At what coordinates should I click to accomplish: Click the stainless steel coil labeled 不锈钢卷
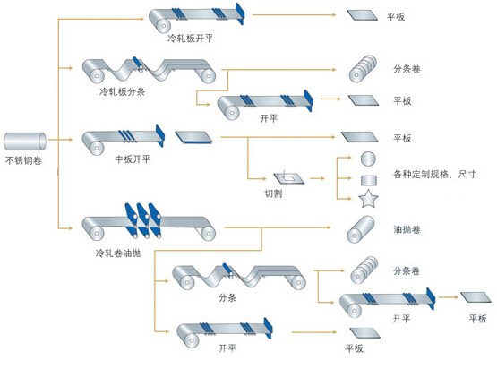click(x=25, y=142)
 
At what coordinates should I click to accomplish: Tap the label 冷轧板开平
click(x=190, y=39)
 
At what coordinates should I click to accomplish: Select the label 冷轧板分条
click(x=123, y=92)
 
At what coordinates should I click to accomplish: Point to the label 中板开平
click(x=133, y=159)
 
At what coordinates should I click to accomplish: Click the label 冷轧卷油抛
click(x=118, y=253)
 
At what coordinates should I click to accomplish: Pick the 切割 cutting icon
click(x=288, y=178)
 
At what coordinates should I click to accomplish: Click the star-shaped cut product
click(x=368, y=199)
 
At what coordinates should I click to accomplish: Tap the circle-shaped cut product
click(x=368, y=159)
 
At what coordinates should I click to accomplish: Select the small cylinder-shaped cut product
click(x=369, y=180)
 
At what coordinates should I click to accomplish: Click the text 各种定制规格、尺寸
click(x=434, y=174)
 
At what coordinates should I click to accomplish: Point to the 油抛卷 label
click(x=407, y=229)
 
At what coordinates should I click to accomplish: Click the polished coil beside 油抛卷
click(x=361, y=229)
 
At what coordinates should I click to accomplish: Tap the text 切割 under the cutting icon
click(x=273, y=193)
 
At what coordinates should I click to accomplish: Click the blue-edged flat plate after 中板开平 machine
click(x=193, y=137)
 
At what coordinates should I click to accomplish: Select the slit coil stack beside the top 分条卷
click(x=363, y=69)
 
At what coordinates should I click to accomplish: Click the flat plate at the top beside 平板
click(x=363, y=15)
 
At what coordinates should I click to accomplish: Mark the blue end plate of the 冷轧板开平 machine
click(x=240, y=14)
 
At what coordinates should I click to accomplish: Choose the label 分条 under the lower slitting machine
click(x=227, y=297)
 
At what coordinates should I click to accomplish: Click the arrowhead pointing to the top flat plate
click(x=333, y=14)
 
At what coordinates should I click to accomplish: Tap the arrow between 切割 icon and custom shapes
click(x=317, y=178)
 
